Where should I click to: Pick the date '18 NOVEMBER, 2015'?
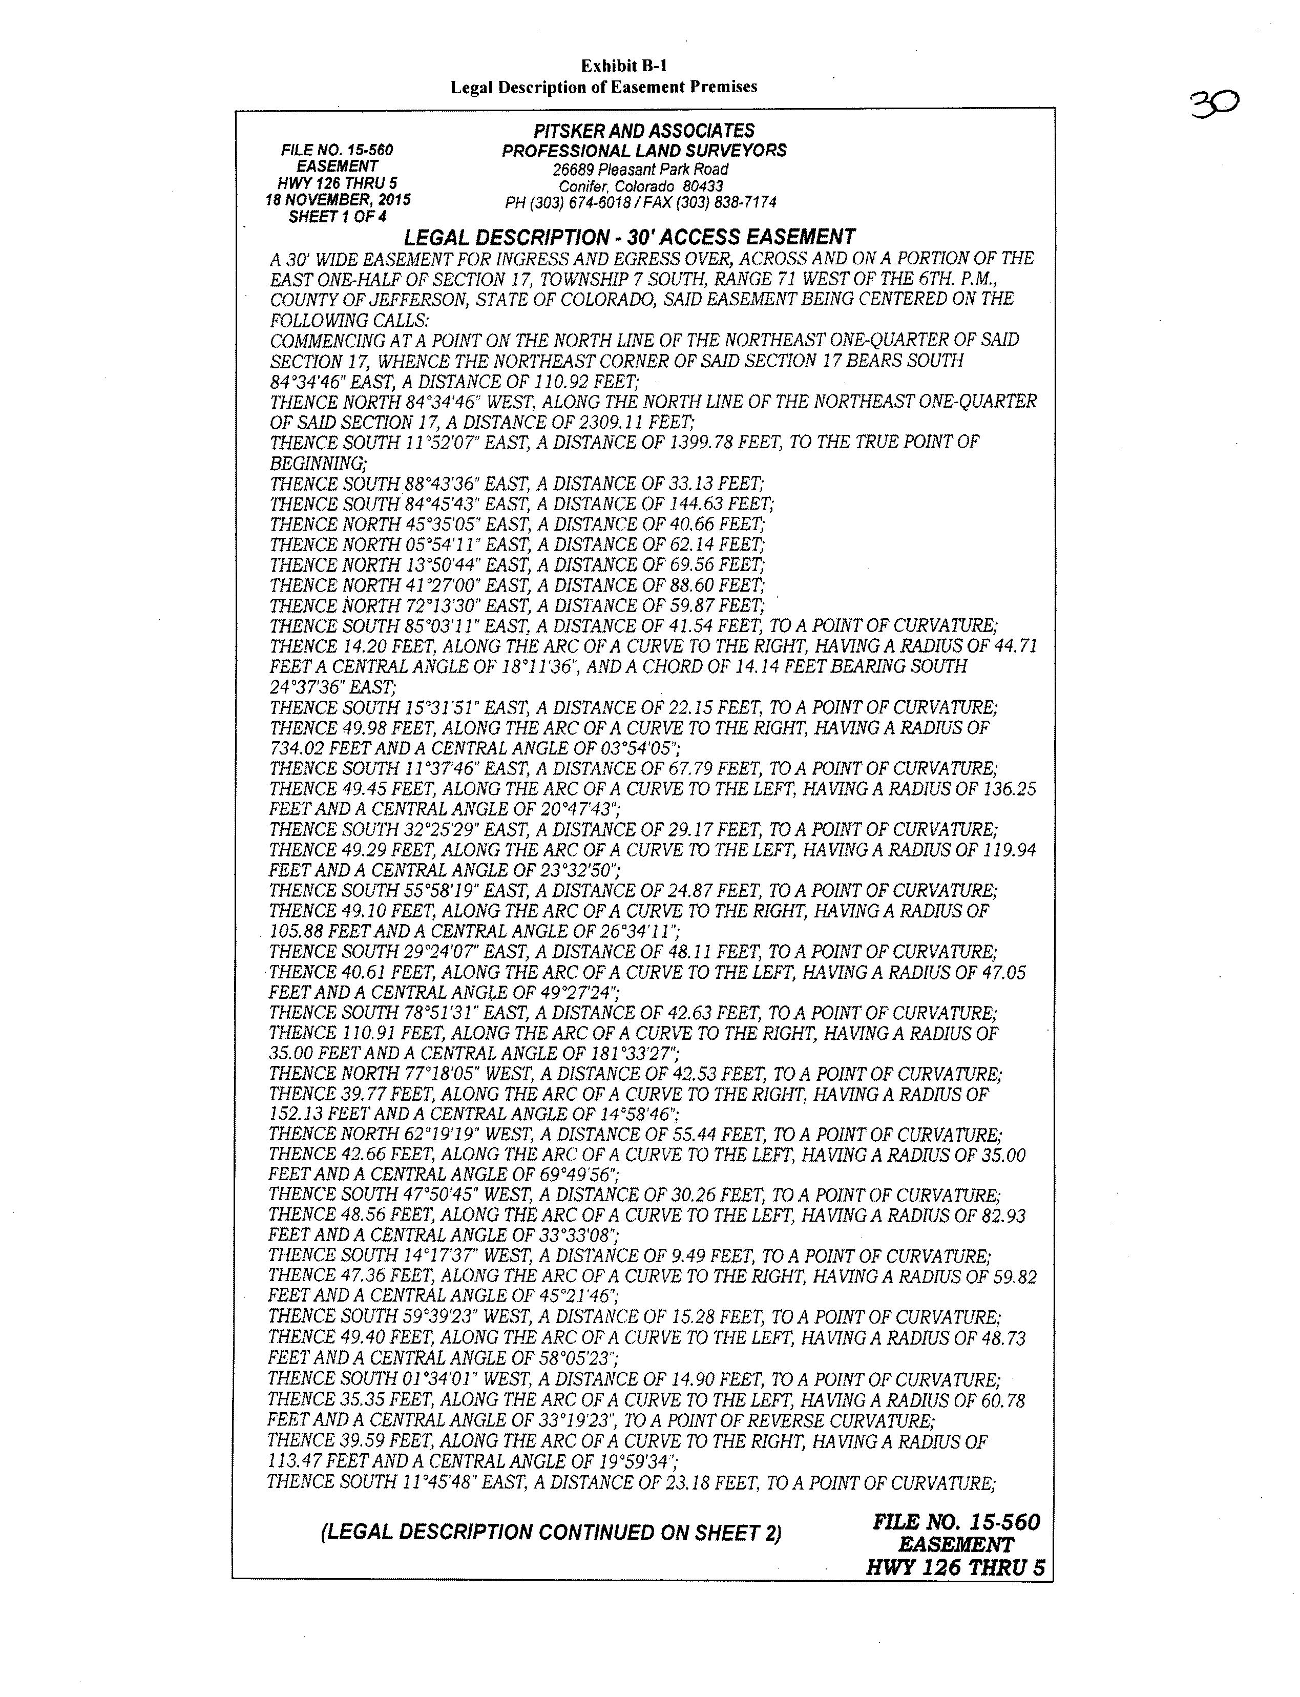pyautogui.click(x=338, y=200)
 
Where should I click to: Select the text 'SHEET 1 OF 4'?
pyautogui.click(x=338, y=217)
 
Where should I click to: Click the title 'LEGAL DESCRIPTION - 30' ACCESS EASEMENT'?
pyautogui.click(x=629, y=237)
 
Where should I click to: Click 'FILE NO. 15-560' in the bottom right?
pyautogui.click(x=956, y=1521)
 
